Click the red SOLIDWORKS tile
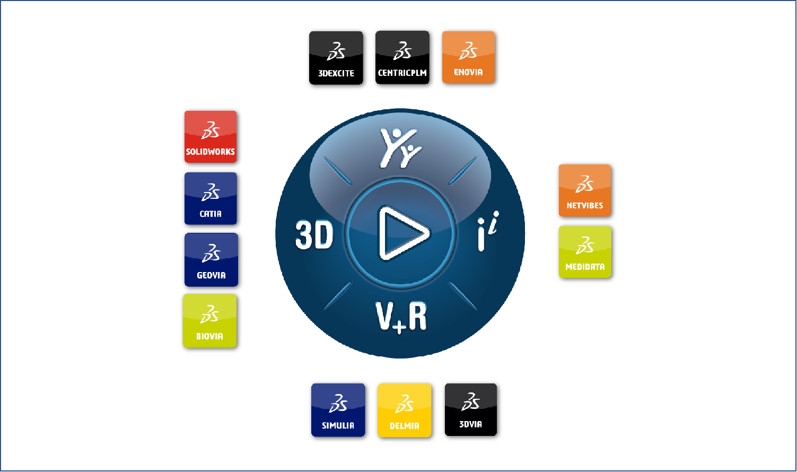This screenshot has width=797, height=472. tap(211, 137)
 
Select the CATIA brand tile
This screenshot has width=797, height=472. tap(211, 198)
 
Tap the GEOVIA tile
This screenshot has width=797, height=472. tap(211, 260)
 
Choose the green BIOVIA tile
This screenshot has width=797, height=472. tap(210, 321)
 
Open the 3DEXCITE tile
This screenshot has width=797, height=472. tap(336, 58)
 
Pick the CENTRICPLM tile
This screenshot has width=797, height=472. tap(402, 57)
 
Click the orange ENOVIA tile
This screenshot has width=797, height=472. tap(468, 57)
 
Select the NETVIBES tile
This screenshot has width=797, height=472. tap(585, 190)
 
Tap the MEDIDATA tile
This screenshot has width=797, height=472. tap(585, 252)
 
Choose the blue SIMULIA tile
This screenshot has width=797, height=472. tap(338, 410)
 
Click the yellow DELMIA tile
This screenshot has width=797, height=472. tap(405, 410)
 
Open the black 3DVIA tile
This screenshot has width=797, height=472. tap(470, 410)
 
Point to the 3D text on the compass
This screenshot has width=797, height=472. tap(314, 235)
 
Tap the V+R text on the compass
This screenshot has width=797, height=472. tap(401, 317)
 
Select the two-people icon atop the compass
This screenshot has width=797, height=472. tap(400, 148)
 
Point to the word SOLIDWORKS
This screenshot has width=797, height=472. tap(211, 152)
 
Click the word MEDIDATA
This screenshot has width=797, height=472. tap(585, 267)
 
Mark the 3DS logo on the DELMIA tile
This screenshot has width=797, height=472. tap(405, 404)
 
